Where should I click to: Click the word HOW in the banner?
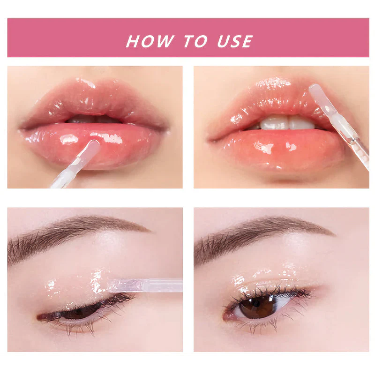(x=150, y=41)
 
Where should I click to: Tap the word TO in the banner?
(x=195, y=41)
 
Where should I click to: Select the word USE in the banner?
(x=235, y=41)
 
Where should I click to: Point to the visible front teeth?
(x=286, y=123)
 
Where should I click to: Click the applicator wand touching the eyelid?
(x=145, y=285)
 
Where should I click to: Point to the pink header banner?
(x=188, y=38)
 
